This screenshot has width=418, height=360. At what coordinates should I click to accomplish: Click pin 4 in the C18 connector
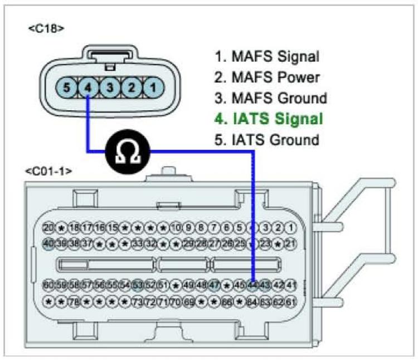[x=88, y=87]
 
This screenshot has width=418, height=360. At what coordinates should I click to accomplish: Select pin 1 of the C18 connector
[x=152, y=87]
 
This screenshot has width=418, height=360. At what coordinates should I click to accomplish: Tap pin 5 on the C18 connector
[x=67, y=87]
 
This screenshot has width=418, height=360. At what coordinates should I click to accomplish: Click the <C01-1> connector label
[x=47, y=171]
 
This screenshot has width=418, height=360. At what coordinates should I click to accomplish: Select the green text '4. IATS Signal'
[x=269, y=119]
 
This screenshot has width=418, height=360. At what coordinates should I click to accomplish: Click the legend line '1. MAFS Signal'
[x=267, y=56]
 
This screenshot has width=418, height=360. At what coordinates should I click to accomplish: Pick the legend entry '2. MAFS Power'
[x=267, y=77]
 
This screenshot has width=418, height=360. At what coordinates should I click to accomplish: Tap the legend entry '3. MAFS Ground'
[x=270, y=98]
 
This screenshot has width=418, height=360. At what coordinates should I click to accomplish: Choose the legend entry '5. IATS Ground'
[x=267, y=139]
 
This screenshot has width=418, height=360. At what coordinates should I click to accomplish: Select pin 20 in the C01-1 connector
[x=48, y=227]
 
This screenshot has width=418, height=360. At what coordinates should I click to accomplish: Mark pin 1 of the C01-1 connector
[x=291, y=227]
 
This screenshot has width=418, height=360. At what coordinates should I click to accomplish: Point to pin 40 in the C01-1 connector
[x=48, y=243]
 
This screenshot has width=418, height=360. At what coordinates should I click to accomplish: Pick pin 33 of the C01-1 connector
[x=138, y=243]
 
